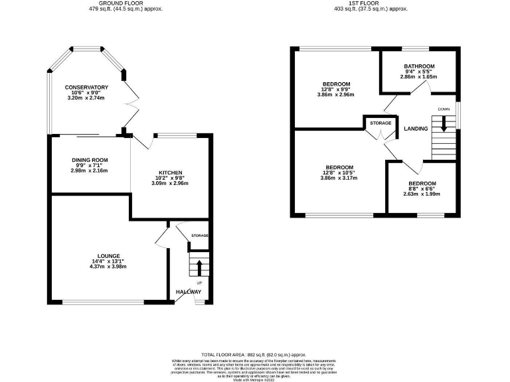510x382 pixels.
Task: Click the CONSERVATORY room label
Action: (86, 88)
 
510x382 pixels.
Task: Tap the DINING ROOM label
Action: (90, 160)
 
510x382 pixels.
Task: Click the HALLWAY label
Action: (188, 292)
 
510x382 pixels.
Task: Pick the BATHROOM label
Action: (419, 66)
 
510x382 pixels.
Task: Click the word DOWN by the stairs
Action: (444, 108)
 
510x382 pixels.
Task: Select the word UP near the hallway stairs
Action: (199, 283)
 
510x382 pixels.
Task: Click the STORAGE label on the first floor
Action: (381, 123)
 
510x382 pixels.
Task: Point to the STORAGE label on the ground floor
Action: (200, 236)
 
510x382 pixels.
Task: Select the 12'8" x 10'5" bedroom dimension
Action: (339, 173)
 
